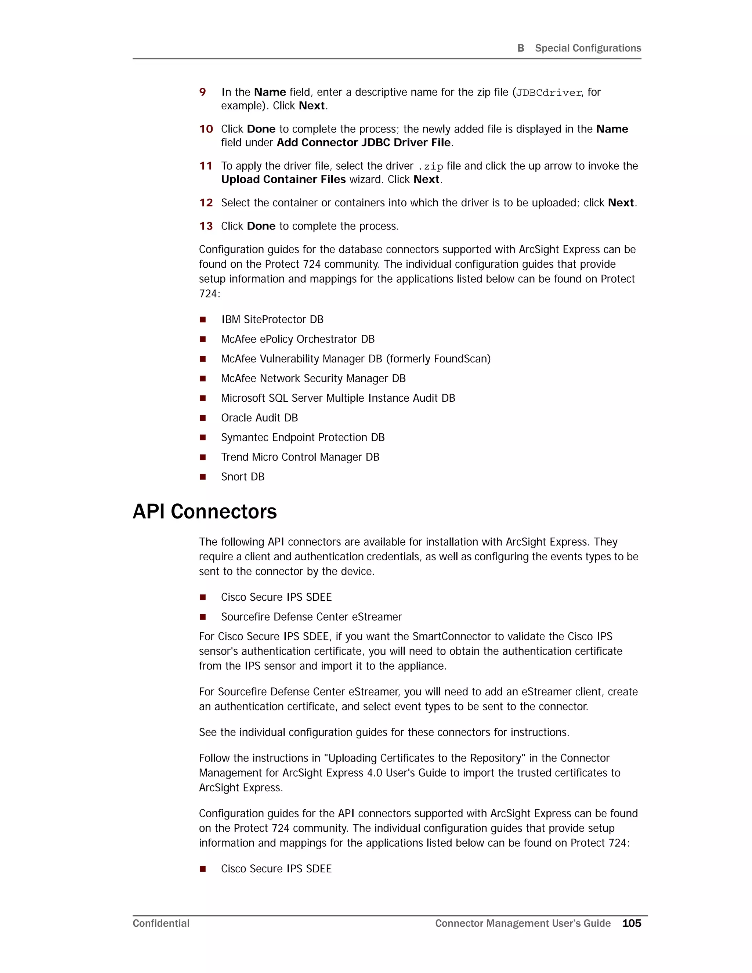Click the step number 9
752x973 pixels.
point(203,92)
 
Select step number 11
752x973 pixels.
point(206,166)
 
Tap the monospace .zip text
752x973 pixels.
point(430,167)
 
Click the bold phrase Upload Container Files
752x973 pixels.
point(283,179)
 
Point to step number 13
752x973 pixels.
point(206,226)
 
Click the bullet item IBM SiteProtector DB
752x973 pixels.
point(272,319)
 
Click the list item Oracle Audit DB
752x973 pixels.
point(259,417)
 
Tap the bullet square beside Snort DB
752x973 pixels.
point(203,477)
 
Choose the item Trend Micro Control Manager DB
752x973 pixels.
point(300,457)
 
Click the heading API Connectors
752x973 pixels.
point(205,511)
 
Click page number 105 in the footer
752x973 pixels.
point(631,923)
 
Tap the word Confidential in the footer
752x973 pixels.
point(161,923)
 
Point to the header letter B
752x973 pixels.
point(520,48)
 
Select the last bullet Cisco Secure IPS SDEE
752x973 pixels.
point(276,869)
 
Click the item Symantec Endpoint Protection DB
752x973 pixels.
point(303,438)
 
